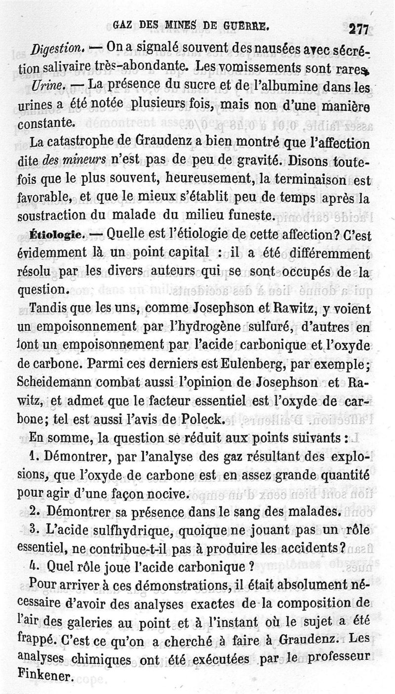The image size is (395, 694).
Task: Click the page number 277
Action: pos(358,30)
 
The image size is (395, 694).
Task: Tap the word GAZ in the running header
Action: pos(122,25)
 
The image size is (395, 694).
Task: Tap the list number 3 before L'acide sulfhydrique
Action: pos(34,528)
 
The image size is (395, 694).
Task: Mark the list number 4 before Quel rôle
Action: pos(34,564)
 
